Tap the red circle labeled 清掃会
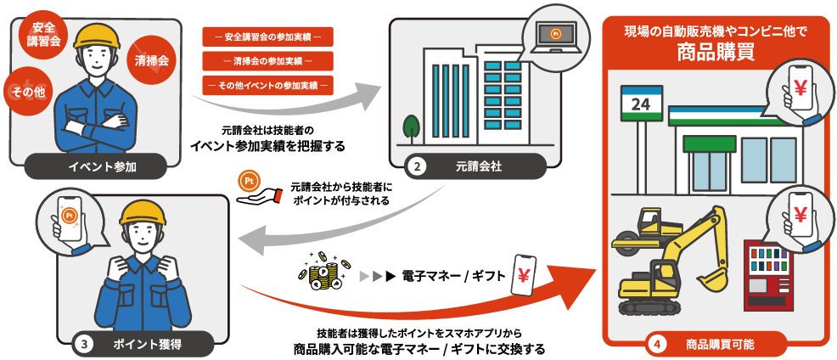[151, 60]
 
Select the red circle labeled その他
[27, 92]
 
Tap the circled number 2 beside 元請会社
[418, 166]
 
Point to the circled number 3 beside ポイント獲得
[84, 344]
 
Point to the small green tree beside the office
[411, 127]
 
